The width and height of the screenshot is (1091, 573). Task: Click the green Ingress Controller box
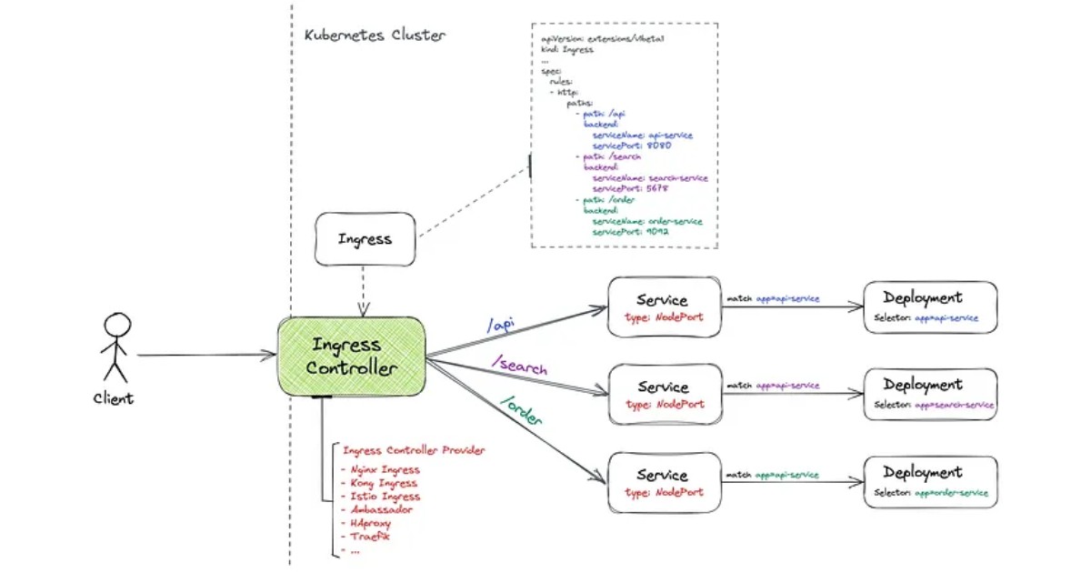[x=352, y=357]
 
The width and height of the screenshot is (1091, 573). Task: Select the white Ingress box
[x=365, y=239]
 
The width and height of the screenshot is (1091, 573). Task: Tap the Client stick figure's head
[x=117, y=325]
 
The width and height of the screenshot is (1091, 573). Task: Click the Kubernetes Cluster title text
[x=375, y=35]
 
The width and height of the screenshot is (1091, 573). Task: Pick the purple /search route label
[x=519, y=366]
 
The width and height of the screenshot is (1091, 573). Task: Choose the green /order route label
[x=521, y=411]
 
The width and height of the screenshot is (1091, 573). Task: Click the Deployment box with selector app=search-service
[x=930, y=394]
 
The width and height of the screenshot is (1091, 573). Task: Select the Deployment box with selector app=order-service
[x=930, y=482]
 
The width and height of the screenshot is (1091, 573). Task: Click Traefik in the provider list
[x=371, y=537]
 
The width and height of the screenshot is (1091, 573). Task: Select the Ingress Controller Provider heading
[x=414, y=450]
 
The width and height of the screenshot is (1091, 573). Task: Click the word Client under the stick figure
[x=114, y=398]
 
